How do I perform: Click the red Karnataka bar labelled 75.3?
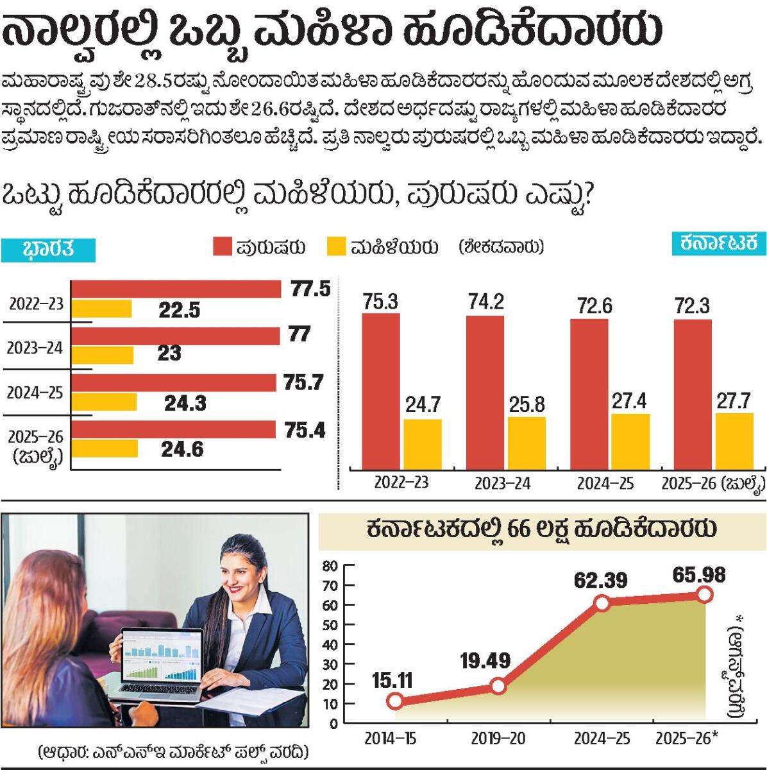(381, 391)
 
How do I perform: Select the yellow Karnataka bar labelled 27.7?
(734, 441)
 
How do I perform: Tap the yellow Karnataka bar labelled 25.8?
(527, 443)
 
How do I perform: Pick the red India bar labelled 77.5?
(176, 289)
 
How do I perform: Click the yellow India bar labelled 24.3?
(104, 402)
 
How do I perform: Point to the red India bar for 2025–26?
(173, 430)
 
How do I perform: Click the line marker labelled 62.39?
(602, 603)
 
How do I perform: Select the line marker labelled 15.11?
(395, 701)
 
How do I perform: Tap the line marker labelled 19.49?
(498, 686)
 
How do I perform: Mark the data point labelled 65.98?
(704, 595)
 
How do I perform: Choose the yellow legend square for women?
(336, 247)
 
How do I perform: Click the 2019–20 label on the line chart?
(498, 739)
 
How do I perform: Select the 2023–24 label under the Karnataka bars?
(502, 484)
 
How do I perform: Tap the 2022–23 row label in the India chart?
(36, 304)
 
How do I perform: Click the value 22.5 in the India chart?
(180, 311)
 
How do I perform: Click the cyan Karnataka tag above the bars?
(719, 243)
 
